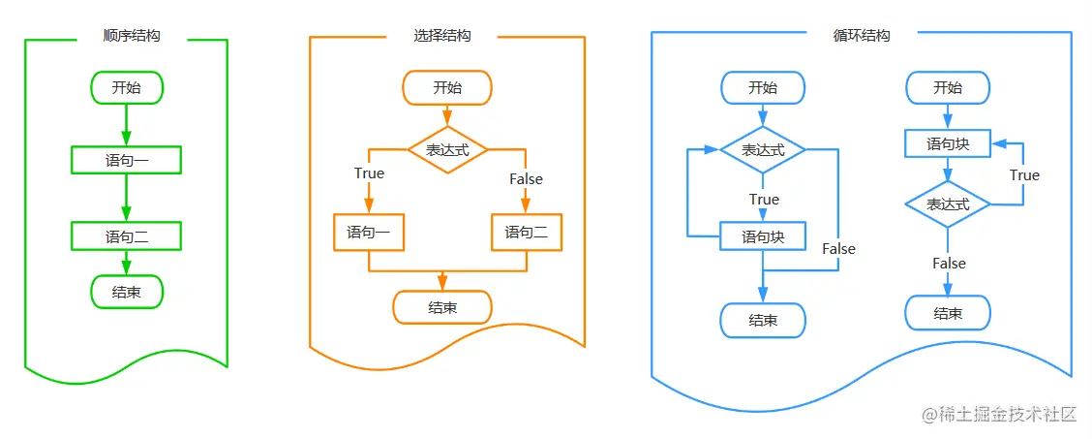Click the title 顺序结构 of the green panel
click(x=132, y=36)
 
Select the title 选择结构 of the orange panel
click(x=442, y=36)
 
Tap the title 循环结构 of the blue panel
click(x=861, y=36)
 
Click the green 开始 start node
click(x=126, y=87)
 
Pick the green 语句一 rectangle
click(x=126, y=159)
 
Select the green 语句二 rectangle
click(x=126, y=235)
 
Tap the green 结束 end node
click(x=126, y=292)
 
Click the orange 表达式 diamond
click(x=447, y=150)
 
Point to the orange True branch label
click(x=369, y=173)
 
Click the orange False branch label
click(x=526, y=179)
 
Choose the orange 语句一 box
click(x=369, y=233)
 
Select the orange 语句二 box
click(x=526, y=233)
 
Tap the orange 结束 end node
click(x=442, y=307)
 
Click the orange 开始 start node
click(x=447, y=87)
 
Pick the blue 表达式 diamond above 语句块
click(x=763, y=150)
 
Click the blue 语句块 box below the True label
click(x=763, y=236)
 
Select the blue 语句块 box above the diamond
click(x=948, y=144)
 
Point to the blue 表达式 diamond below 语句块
click(x=948, y=204)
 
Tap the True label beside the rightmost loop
click(x=1024, y=175)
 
